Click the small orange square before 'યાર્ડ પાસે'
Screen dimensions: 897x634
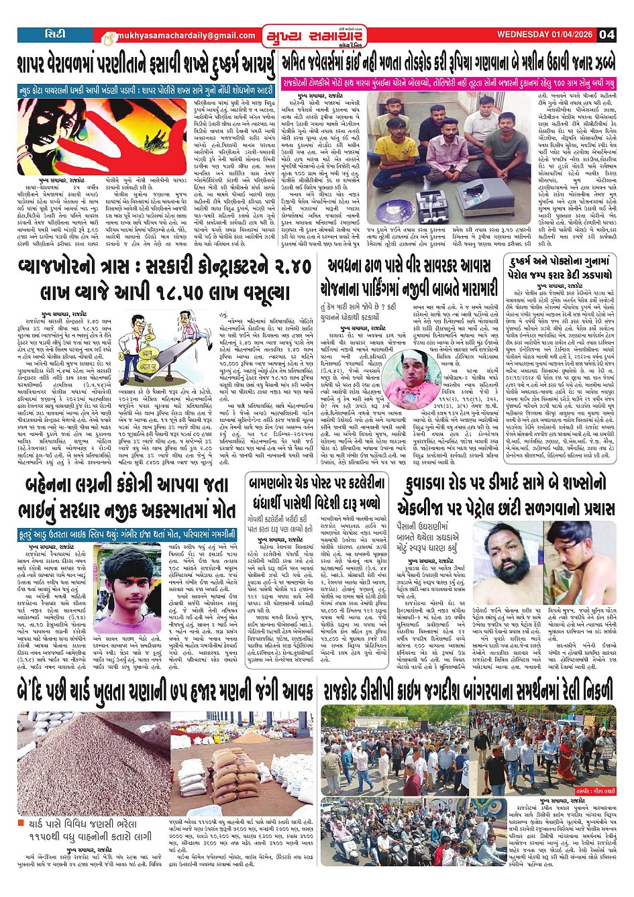click(x=23, y=823)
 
